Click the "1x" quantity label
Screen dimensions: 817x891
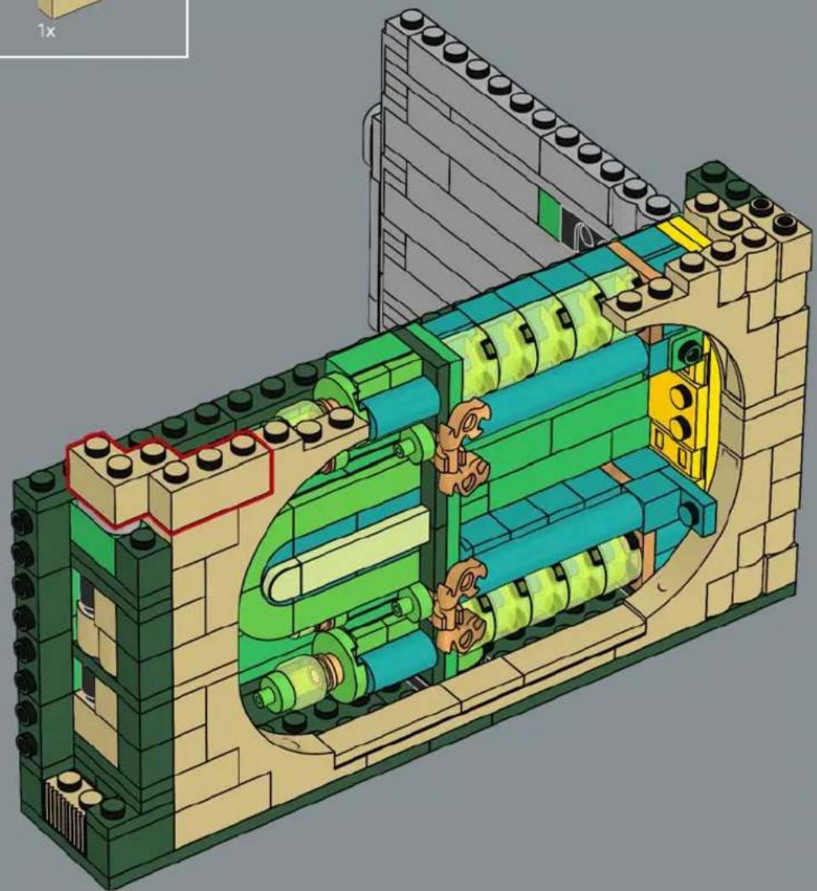click(46, 30)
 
